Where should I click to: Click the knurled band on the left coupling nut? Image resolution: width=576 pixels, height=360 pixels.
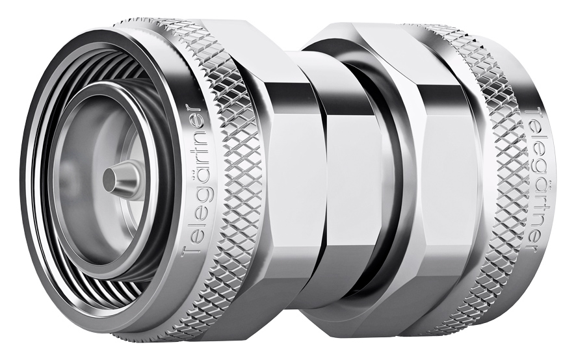224,180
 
